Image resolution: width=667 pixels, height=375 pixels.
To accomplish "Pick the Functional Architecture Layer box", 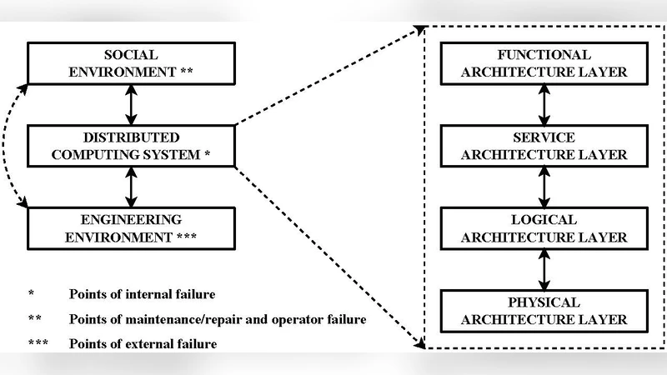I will (x=544, y=62).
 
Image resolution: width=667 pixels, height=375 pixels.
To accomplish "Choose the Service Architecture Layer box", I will (x=544, y=145).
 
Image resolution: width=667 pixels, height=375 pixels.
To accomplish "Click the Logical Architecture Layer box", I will (x=544, y=227).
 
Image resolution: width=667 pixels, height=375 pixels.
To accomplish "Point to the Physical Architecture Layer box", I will (x=544, y=309).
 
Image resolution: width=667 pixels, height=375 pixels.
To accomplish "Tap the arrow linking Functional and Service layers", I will (x=544, y=103).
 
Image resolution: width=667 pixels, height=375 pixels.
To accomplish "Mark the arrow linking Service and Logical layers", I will (x=544, y=186).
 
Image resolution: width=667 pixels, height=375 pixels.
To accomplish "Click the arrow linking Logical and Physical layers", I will (x=544, y=268).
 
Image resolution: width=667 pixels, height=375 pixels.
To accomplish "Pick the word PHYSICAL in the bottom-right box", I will (x=544, y=301).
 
